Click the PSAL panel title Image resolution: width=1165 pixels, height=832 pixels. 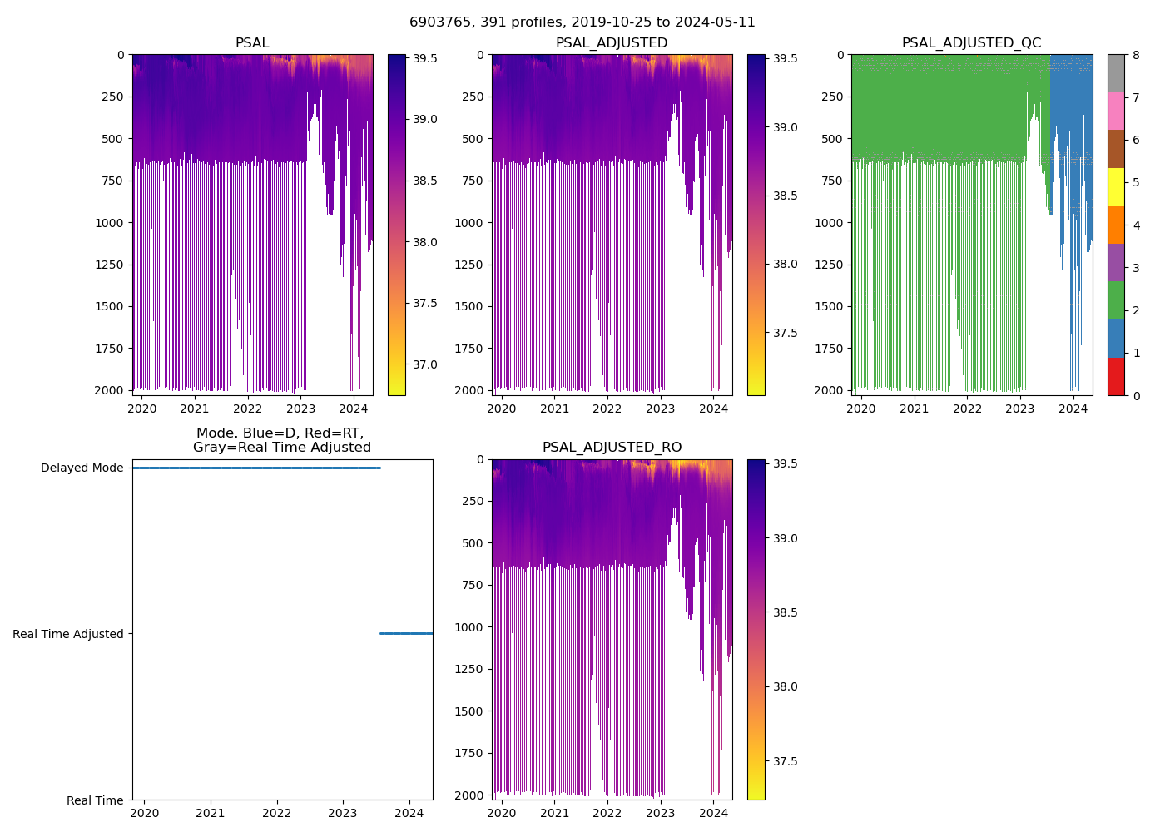[x=252, y=43]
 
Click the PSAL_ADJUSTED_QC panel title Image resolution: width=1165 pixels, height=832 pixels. [x=971, y=43]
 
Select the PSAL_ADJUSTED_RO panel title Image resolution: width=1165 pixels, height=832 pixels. [x=612, y=448]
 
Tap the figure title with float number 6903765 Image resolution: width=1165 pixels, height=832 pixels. [x=582, y=22]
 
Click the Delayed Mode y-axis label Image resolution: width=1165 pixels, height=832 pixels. [x=82, y=468]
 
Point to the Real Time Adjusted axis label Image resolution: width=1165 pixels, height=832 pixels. [x=67, y=634]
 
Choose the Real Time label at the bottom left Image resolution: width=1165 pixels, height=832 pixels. [x=95, y=800]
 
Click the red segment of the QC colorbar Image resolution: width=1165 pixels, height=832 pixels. [x=1116, y=376]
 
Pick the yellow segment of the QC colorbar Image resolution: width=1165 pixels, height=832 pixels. [x=1116, y=186]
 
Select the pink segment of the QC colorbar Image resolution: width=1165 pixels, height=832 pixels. [x=1116, y=111]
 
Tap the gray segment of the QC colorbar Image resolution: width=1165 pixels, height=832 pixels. [x=1116, y=73]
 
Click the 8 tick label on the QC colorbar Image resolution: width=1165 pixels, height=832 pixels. [x=1136, y=56]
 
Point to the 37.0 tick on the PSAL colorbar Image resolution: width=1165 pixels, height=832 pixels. [x=425, y=364]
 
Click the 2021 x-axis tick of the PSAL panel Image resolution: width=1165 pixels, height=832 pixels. [x=195, y=409]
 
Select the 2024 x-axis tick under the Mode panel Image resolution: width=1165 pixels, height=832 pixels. [x=409, y=813]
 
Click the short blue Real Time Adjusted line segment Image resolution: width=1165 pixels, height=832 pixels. [x=406, y=634]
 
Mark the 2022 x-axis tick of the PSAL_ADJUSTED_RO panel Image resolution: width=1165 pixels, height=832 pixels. [x=607, y=813]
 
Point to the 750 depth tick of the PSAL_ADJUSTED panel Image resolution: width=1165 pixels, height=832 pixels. [x=472, y=181]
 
